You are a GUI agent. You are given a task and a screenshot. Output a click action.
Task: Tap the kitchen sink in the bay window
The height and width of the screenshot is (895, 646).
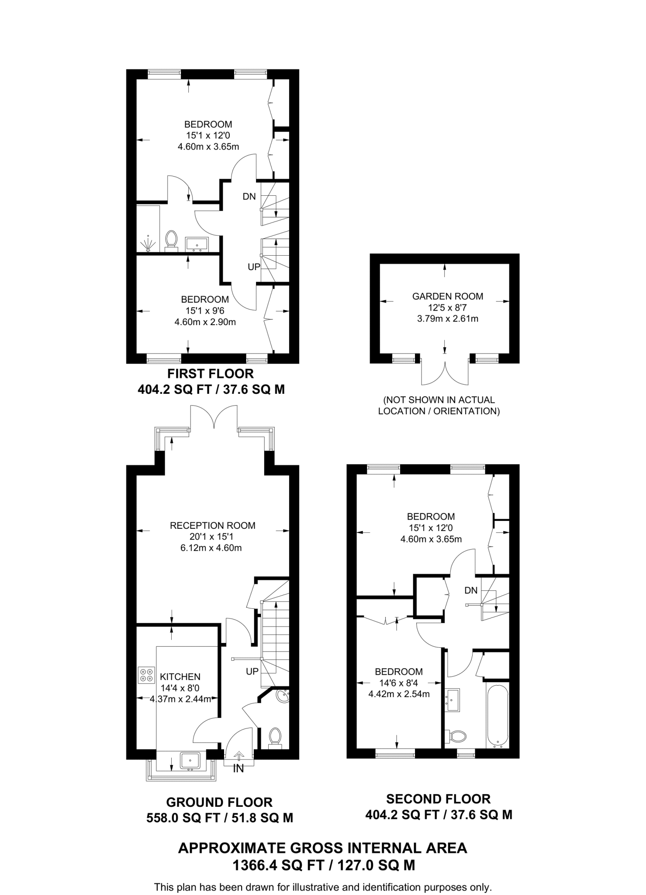point(190,761)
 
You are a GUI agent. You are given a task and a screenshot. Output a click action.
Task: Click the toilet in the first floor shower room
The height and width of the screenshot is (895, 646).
point(172,240)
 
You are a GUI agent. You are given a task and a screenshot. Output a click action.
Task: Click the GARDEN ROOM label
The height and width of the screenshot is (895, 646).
point(447,296)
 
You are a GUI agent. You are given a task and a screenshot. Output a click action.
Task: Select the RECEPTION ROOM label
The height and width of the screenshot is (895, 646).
point(212,525)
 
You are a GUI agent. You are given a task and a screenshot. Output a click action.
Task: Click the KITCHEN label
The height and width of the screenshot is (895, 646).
point(180,677)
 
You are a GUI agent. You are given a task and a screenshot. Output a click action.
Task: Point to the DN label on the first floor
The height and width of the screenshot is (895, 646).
point(249,197)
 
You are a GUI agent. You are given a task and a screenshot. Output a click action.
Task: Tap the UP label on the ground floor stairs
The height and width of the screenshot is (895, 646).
point(252,671)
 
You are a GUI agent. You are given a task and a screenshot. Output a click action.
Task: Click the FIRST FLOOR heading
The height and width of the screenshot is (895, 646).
point(211,374)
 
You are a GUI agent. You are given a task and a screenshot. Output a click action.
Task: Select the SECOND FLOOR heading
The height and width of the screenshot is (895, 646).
point(438,799)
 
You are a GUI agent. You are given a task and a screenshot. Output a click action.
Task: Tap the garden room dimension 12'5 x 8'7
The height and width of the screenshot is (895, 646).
point(447,308)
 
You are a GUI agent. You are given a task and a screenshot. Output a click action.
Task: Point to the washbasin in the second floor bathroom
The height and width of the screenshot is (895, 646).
point(452,700)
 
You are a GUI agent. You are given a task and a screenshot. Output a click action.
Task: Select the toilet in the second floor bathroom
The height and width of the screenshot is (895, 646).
point(456,736)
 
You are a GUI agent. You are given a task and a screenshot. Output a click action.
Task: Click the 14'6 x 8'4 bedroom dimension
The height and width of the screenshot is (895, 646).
point(399,683)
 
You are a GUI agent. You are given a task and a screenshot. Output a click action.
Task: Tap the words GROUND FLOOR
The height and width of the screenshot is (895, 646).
point(219,802)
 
